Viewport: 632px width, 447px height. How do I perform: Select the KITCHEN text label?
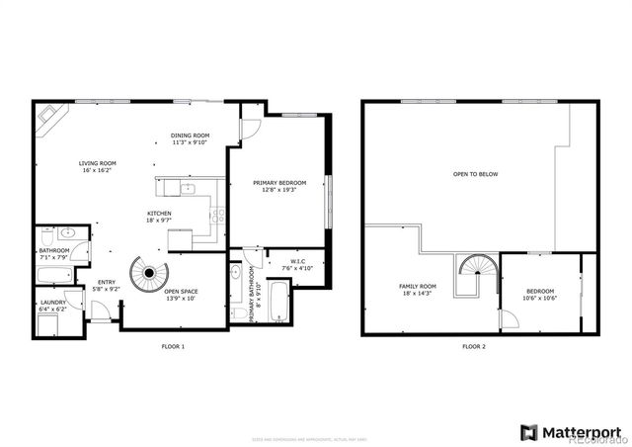[x=160, y=216]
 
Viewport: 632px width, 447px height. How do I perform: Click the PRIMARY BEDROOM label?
[x=279, y=185]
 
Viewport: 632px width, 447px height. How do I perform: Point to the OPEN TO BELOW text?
[x=475, y=173]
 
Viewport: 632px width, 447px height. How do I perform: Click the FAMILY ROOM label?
[x=418, y=289]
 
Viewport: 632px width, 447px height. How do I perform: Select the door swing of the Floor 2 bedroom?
[x=509, y=319]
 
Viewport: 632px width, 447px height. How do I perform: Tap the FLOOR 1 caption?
[x=173, y=347]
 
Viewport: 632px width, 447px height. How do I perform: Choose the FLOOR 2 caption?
[x=474, y=347]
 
